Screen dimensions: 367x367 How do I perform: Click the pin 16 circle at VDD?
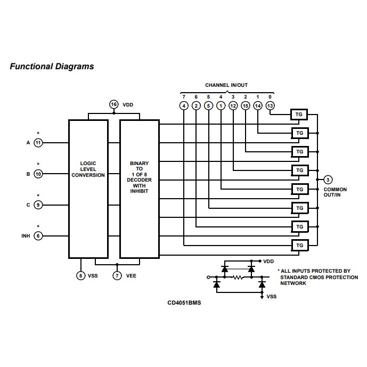pos(113,104)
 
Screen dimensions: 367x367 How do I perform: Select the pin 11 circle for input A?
pos(38,143)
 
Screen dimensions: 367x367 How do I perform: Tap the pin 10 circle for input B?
pos(38,174)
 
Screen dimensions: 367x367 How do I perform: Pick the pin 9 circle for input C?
pos(38,205)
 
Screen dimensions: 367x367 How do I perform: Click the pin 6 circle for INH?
pos(38,235)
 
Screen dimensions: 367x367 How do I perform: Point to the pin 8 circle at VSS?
pos(80,275)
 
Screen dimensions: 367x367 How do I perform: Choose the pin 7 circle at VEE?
pos(117,275)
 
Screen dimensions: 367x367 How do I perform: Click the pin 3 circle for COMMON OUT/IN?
pos(328,180)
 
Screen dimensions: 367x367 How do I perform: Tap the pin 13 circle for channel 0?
pos(270,105)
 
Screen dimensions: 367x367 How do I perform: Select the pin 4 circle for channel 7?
pos(184,105)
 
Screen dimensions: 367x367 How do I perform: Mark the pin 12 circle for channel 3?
pos(233,105)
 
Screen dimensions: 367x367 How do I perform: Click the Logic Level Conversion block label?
pos(88,169)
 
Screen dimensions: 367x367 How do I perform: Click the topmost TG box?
pos(299,114)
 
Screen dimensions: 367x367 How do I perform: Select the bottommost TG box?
pos(299,245)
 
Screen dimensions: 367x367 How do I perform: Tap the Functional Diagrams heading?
pos(52,67)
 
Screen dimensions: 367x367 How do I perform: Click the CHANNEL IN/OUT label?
pos(226,85)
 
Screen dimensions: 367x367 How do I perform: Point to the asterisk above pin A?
pos(38,133)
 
